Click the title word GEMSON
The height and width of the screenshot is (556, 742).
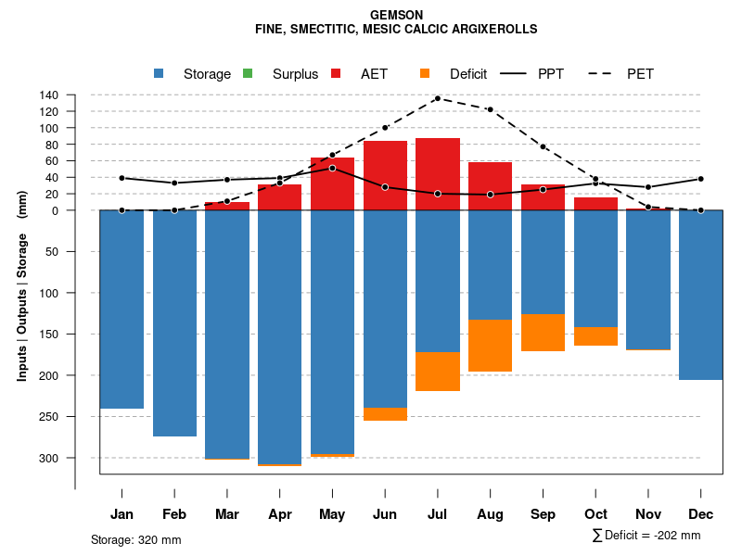pos(396,15)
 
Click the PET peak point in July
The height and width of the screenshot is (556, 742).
pos(438,98)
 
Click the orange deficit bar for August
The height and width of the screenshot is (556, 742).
pos(491,346)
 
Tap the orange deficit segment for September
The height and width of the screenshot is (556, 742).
pos(544,333)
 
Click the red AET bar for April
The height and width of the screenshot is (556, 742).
pos(280,197)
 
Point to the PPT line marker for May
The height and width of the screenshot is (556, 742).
pos(332,168)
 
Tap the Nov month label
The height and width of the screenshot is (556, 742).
pos(648,514)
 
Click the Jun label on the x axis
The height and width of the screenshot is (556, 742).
pos(385,514)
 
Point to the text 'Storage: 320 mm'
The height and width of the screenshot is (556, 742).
pos(135,539)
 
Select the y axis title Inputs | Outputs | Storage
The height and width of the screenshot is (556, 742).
pos(21,285)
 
